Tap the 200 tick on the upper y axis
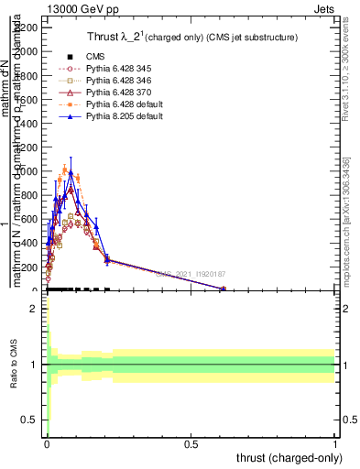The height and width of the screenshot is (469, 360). (x=27, y=267)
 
